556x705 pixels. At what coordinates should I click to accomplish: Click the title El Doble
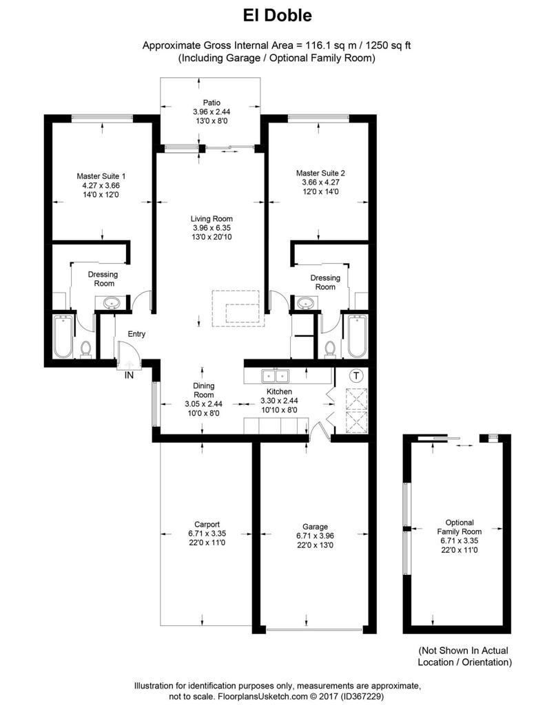[278, 14]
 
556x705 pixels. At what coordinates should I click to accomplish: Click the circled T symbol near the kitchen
[356, 376]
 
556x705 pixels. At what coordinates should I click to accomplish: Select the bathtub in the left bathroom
[63, 337]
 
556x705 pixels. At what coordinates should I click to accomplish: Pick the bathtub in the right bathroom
[356, 337]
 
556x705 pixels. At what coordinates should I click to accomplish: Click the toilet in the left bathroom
[86, 350]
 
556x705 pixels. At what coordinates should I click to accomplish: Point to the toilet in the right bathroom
[330, 350]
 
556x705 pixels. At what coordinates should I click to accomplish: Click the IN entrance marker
[129, 375]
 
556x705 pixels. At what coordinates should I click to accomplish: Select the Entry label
[136, 334]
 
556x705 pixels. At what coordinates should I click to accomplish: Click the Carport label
[207, 524]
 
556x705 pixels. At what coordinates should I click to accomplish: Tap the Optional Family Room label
[459, 527]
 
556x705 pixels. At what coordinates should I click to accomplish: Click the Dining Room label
[203, 390]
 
